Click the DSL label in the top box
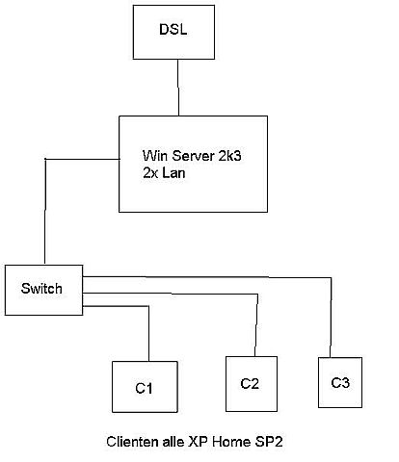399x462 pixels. [x=173, y=29]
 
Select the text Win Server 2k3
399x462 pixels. [x=192, y=156]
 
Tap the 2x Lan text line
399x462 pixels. [x=164, y=173]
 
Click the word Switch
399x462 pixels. [x=41, y=288]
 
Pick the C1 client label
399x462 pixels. [x=144, y=388]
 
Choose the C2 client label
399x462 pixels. [x=250, y=384]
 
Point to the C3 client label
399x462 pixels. [x=340, y=382]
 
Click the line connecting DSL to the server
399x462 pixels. [x=178, y=88]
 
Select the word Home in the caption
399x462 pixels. [x=231, y=442]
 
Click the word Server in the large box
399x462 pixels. [x=194, y=156]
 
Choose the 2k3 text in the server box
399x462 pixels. [x=230, y=156]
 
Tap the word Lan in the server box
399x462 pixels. [x=173, y=173]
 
